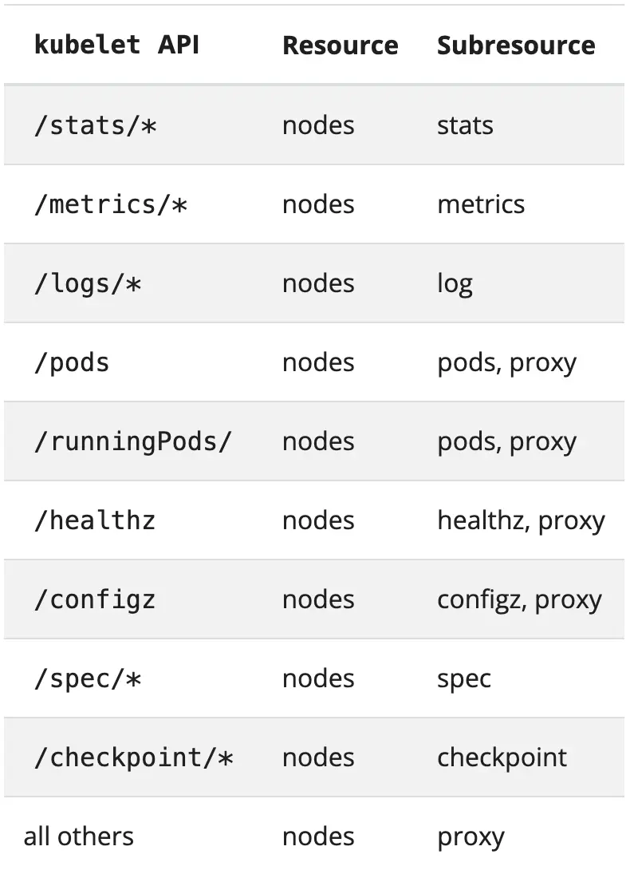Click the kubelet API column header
(x=116, y=45)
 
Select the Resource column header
(x=341, y=45)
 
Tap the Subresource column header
(x=516, y=45)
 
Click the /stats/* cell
(x=95, y=125)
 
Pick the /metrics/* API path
(x=110, y=204)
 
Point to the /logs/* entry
(x=87, y=283)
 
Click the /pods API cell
(x=72, y=363)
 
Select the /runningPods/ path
(x=132, y=442)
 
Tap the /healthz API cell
(x=95, y=520)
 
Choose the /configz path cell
(x=95, y=599)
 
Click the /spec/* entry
(x=87, y=679)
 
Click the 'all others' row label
(x=79, y=836)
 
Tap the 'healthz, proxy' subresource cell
(x=521, y=521)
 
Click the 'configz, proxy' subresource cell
(x=519, y=600)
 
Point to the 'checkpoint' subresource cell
(x=502, y=757)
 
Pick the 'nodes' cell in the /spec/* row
(x=318, y=678)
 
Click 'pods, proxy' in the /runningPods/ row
(x=506, y=442)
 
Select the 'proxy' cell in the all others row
(x=471, y=837)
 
